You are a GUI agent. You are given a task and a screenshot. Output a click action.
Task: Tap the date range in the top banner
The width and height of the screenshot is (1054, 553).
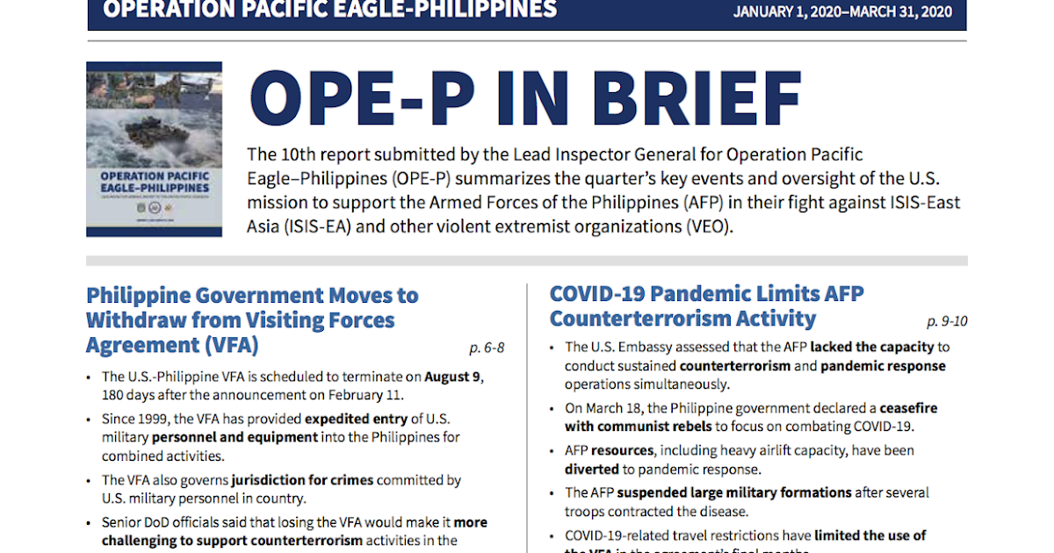tap(842, 11)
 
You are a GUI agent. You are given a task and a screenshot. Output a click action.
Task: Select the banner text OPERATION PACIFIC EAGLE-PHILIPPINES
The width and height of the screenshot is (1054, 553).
tap(329, 10)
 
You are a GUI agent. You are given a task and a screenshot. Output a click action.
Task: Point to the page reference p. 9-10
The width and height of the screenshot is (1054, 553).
tap(947, 320)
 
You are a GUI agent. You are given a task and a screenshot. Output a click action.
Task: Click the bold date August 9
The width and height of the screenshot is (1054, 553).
tap(454, 377)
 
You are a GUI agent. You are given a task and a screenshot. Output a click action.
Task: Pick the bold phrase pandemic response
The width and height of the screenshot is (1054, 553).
tap(884, 365)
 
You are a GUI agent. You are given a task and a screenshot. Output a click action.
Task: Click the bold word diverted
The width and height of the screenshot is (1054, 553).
tap(591, 469)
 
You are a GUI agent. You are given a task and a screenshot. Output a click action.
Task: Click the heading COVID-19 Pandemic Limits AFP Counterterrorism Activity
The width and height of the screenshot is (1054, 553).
tap(707, 305)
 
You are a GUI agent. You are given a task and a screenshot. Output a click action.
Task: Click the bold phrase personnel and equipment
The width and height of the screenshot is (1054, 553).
tap(235, 436)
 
